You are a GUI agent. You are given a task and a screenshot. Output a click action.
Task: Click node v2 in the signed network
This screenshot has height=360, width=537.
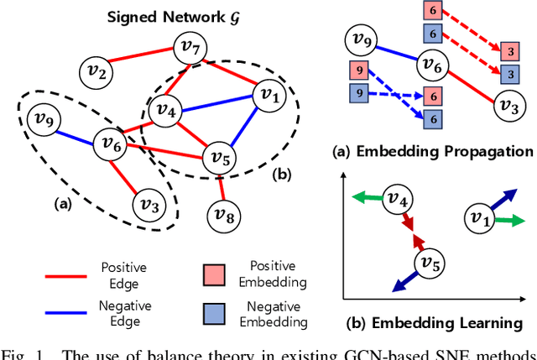pos(99,75)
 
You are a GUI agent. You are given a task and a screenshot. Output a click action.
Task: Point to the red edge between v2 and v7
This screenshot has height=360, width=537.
pos(145,61)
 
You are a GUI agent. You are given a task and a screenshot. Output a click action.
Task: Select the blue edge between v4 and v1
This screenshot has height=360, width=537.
pos(215,102)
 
